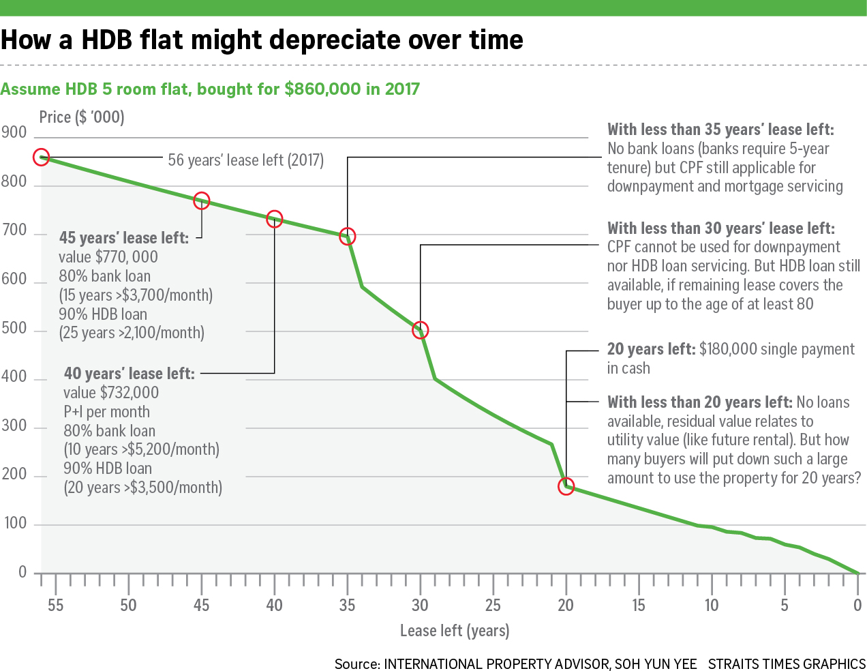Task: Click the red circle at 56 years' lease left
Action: click(x=41, y=157)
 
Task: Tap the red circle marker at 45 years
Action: click(x=201, y=200)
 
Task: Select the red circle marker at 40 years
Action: click(x=274, y=219)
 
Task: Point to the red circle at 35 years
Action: click(x=348, y=237)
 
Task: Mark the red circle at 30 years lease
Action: click(x=421, y=330)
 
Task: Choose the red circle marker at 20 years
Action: click(x=566, y=487)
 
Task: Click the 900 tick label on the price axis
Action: click(x=14, y=132)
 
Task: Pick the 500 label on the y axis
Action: click(x=14, y=328)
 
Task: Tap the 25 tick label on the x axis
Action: click(x=493, y=605)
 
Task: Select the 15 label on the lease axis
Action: click(x=639, y=605)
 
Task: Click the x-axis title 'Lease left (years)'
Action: click(x=455, y=631)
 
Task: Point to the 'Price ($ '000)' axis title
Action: click(x=82, y=117)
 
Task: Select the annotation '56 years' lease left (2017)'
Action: click(x=246, y=160)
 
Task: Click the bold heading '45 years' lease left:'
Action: click(x=124, y=238)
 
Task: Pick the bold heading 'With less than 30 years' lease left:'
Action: click(x=720, y=228)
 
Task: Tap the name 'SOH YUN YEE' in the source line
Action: click(x=656, y=663)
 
